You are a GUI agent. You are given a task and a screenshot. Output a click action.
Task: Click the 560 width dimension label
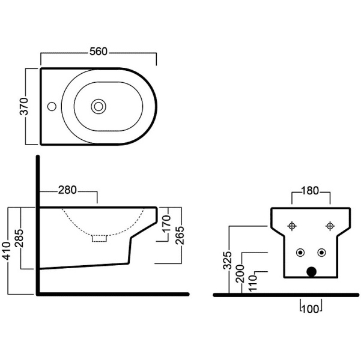[99, 52]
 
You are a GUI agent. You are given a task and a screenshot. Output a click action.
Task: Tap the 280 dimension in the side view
[67, 191]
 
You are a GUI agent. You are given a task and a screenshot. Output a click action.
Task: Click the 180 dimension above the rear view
[310, 192]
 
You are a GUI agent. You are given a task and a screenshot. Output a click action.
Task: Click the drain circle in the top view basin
[97, 106]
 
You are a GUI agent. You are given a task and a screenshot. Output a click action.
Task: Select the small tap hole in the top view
[52, 107]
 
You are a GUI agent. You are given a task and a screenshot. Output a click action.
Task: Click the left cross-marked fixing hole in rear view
[293, 226]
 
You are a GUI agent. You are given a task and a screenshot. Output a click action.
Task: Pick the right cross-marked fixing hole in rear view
[329, 226]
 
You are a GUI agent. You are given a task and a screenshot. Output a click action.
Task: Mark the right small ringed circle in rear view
[322, 251]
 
